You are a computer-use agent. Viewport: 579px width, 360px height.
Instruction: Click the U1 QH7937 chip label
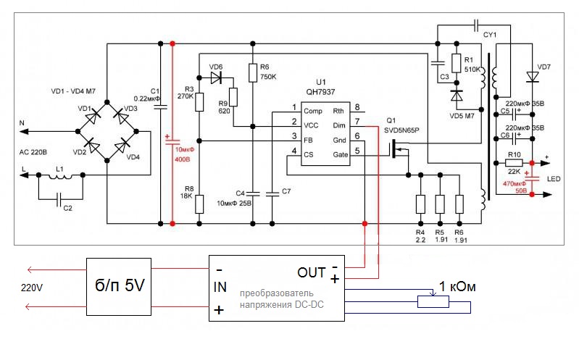tap(320, 87)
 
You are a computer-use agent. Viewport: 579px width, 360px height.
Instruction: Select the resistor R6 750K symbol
tap(251, 72)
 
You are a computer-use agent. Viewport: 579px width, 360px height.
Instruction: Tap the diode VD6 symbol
tap(216, 78)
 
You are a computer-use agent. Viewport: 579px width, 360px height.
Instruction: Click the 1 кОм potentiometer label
tap(457, 287)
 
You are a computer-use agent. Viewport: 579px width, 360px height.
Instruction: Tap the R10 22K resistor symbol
tap(515, 164)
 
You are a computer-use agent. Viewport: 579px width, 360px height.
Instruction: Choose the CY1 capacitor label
tap(491, 33)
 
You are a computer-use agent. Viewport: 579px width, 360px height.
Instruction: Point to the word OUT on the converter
tap(312, 272)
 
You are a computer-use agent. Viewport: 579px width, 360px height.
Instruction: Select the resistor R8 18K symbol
tap(201, 205)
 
